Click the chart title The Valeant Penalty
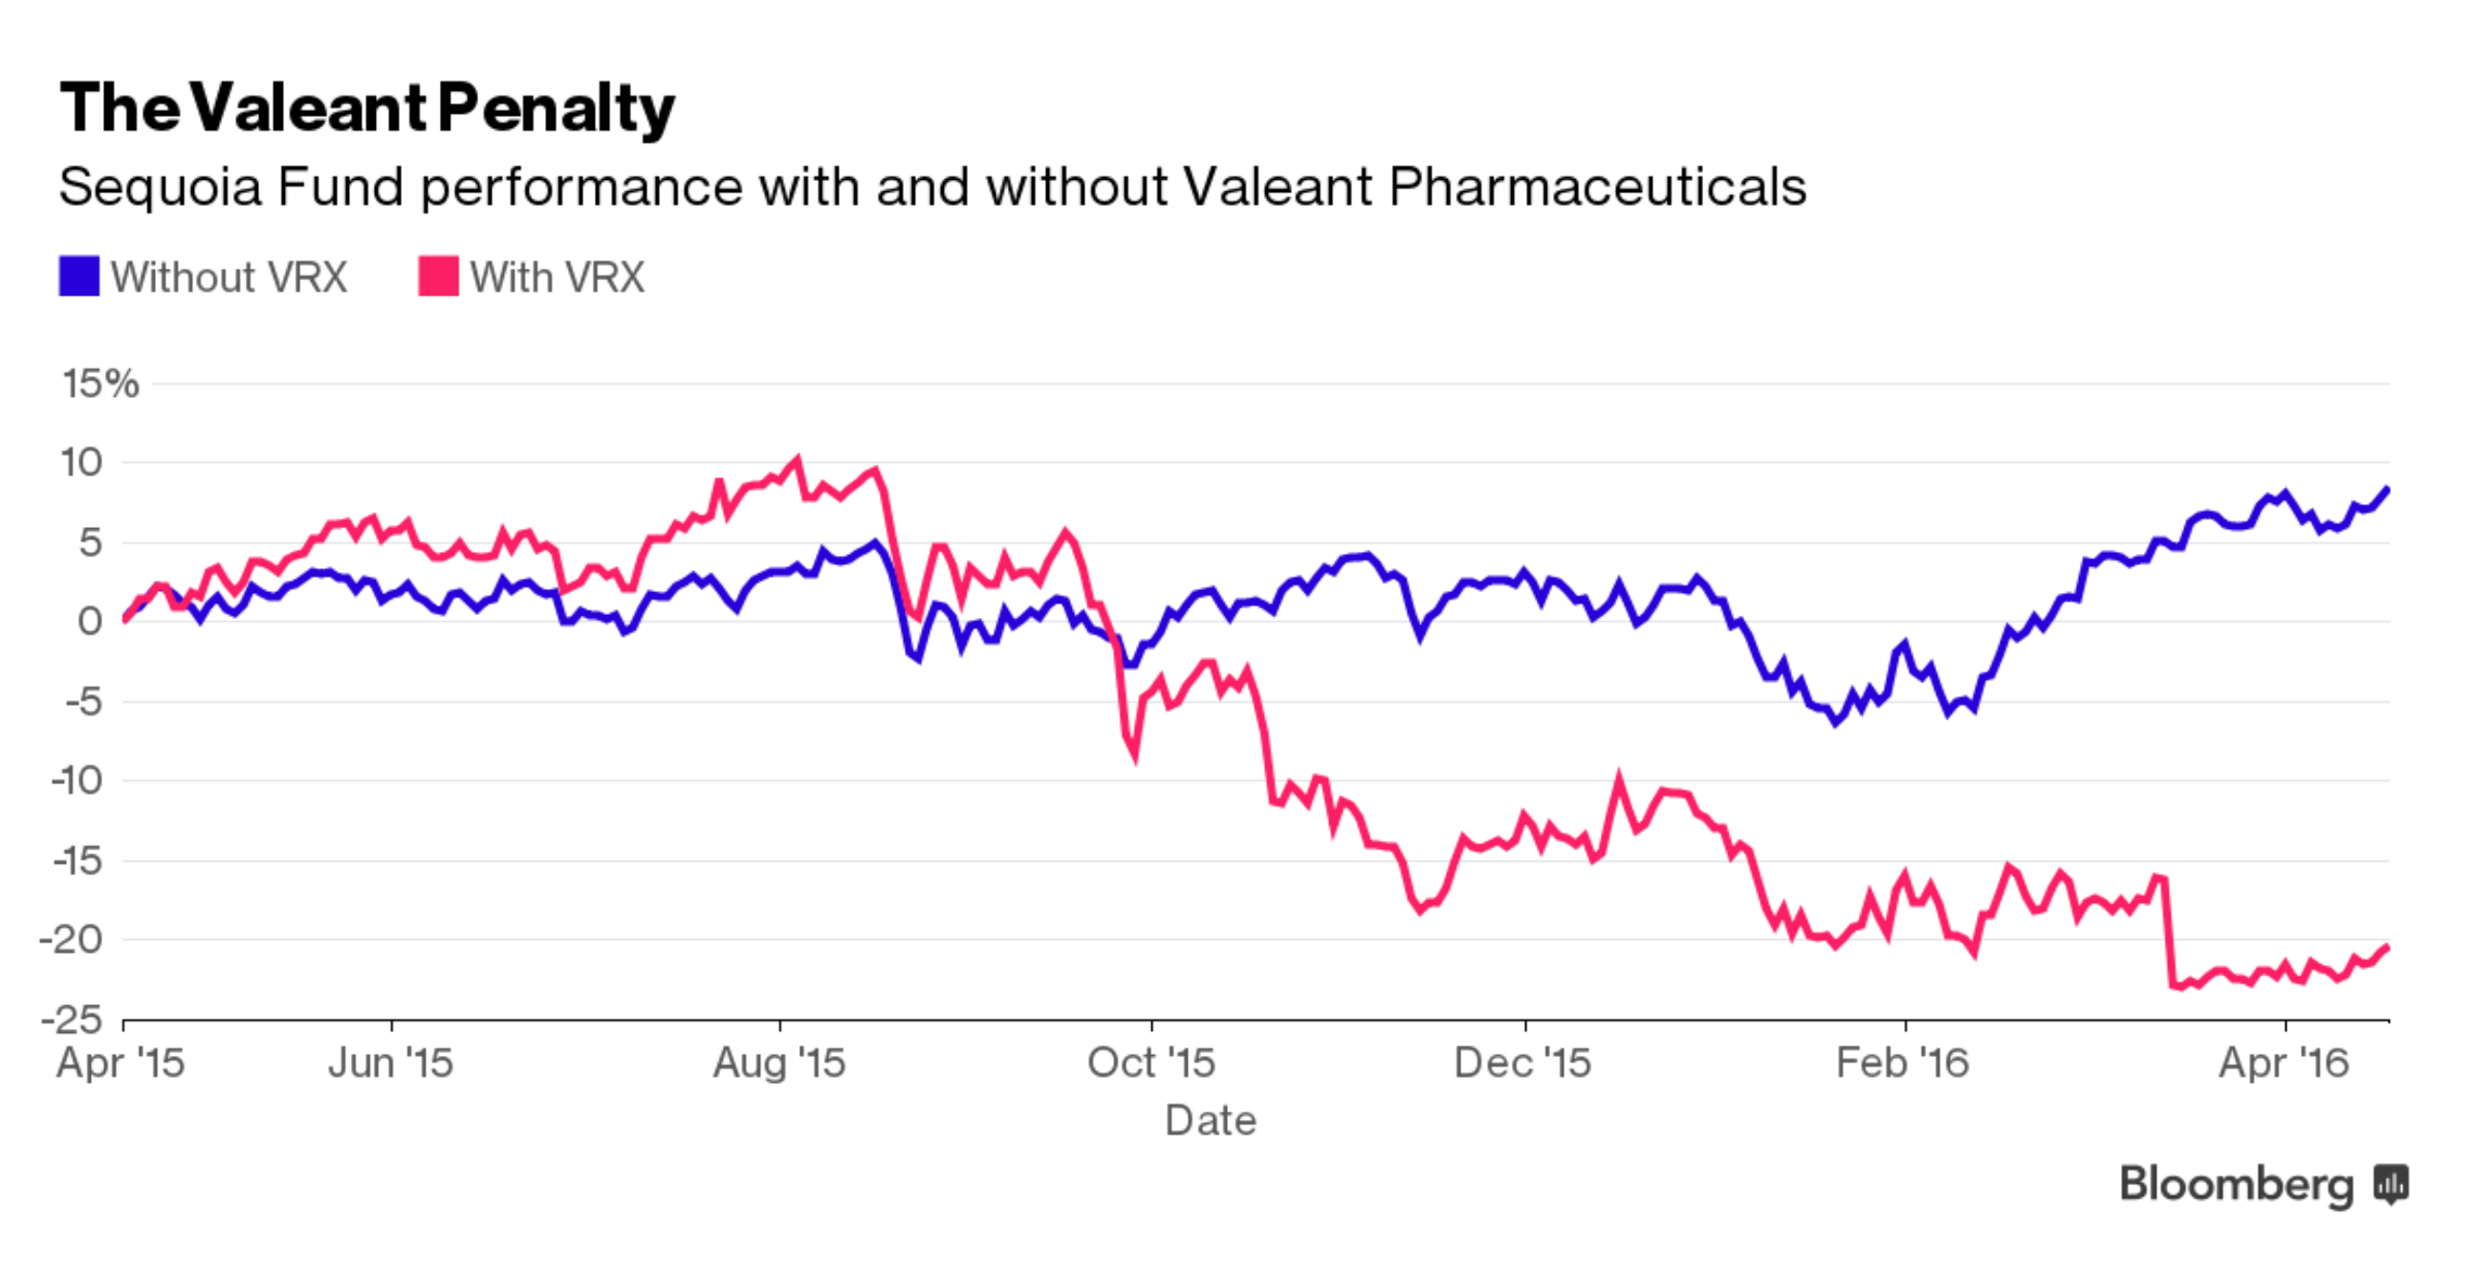[366, 107]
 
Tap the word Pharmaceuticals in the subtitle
[1596, 187]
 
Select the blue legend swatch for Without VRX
[78, 276]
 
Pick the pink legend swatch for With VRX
[438, 276]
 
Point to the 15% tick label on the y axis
[100, 384]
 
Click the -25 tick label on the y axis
[72, 1019]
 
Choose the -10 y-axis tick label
[77, 780]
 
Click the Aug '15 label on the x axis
[779, 1063]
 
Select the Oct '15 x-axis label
[1151, 1063]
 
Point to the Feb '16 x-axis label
[1902, 1063]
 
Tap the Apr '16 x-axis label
[2284, 1063]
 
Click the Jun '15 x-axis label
[390, 1063]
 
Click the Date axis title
[1211, 1121]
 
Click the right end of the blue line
[2387, 490]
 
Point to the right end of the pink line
[2387, 947]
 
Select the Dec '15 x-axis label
[1522, 1063]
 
